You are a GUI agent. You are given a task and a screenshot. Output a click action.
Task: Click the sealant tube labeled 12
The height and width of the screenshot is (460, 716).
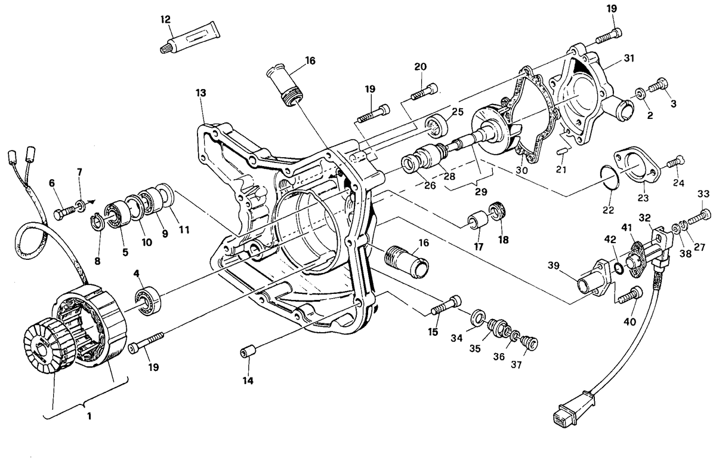[190, 41]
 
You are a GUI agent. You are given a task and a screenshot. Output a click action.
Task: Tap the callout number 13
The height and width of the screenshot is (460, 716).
[201, 93]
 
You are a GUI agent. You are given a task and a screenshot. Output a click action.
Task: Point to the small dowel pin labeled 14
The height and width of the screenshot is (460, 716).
[248, 352]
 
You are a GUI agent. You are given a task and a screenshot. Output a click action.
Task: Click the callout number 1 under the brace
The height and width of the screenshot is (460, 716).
[89, 416]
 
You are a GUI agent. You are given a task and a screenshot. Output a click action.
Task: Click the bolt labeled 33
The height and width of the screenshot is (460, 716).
[699, 217]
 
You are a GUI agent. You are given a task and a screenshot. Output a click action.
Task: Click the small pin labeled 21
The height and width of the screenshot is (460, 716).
[562, 151]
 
